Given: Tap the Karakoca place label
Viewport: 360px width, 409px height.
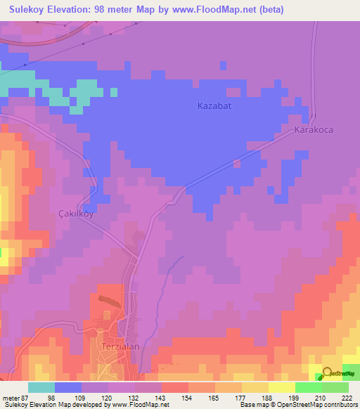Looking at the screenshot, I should pyautogui.click(x=313, y=131).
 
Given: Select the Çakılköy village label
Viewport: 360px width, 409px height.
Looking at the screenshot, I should pyautogui.click(x=75, y=213).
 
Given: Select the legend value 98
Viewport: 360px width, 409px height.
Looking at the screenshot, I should pyautogui.click(x=51, y=397).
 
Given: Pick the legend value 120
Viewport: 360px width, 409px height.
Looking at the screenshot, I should pyautogui.click(x=105, y=397).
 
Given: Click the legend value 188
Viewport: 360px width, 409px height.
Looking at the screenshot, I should pyautogui.click(x=266, y=397).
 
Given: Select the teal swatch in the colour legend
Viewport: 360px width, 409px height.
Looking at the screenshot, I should pyautogui.click(x=41, y=387).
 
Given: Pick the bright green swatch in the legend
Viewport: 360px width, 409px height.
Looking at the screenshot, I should pyautogui.click(x=308, y=387).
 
